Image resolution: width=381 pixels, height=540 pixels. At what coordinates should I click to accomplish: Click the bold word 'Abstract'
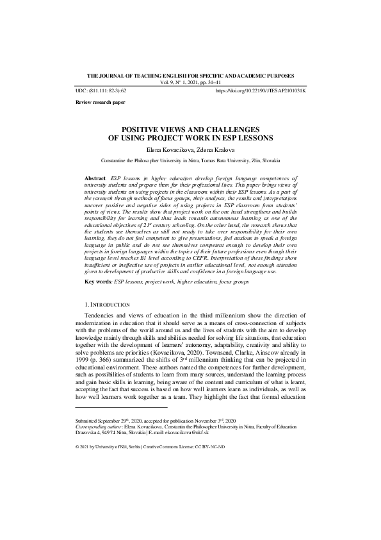[x=96, y=176]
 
